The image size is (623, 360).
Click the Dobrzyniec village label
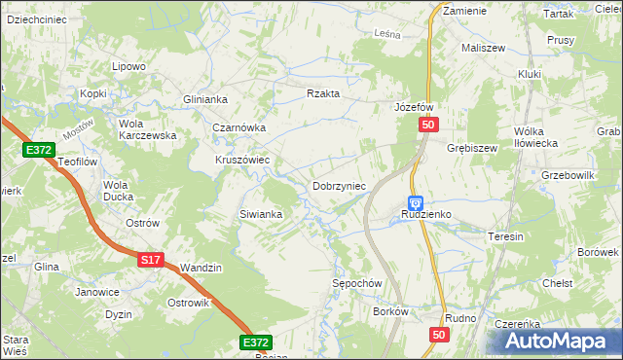coord(338,186)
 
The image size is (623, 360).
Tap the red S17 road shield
coord(149,260)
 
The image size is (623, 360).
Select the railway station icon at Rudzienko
coord(416,203)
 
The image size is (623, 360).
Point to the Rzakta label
coord(322,93)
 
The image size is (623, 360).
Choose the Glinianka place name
coord(205,99)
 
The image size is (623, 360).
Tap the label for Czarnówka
coord(239,127)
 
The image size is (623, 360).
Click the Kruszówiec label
coord(242,161)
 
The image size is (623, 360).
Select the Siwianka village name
coord(261,214)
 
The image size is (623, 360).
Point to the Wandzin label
coord(202,268)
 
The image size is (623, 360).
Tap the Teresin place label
coord(506,236)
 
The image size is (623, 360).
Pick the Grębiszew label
coord(472,149)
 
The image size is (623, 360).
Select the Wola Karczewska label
coord(146,129)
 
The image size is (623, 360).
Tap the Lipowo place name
coord(128,66)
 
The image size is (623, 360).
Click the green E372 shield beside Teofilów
coord(39,149)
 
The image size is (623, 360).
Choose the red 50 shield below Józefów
coord(430,126)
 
